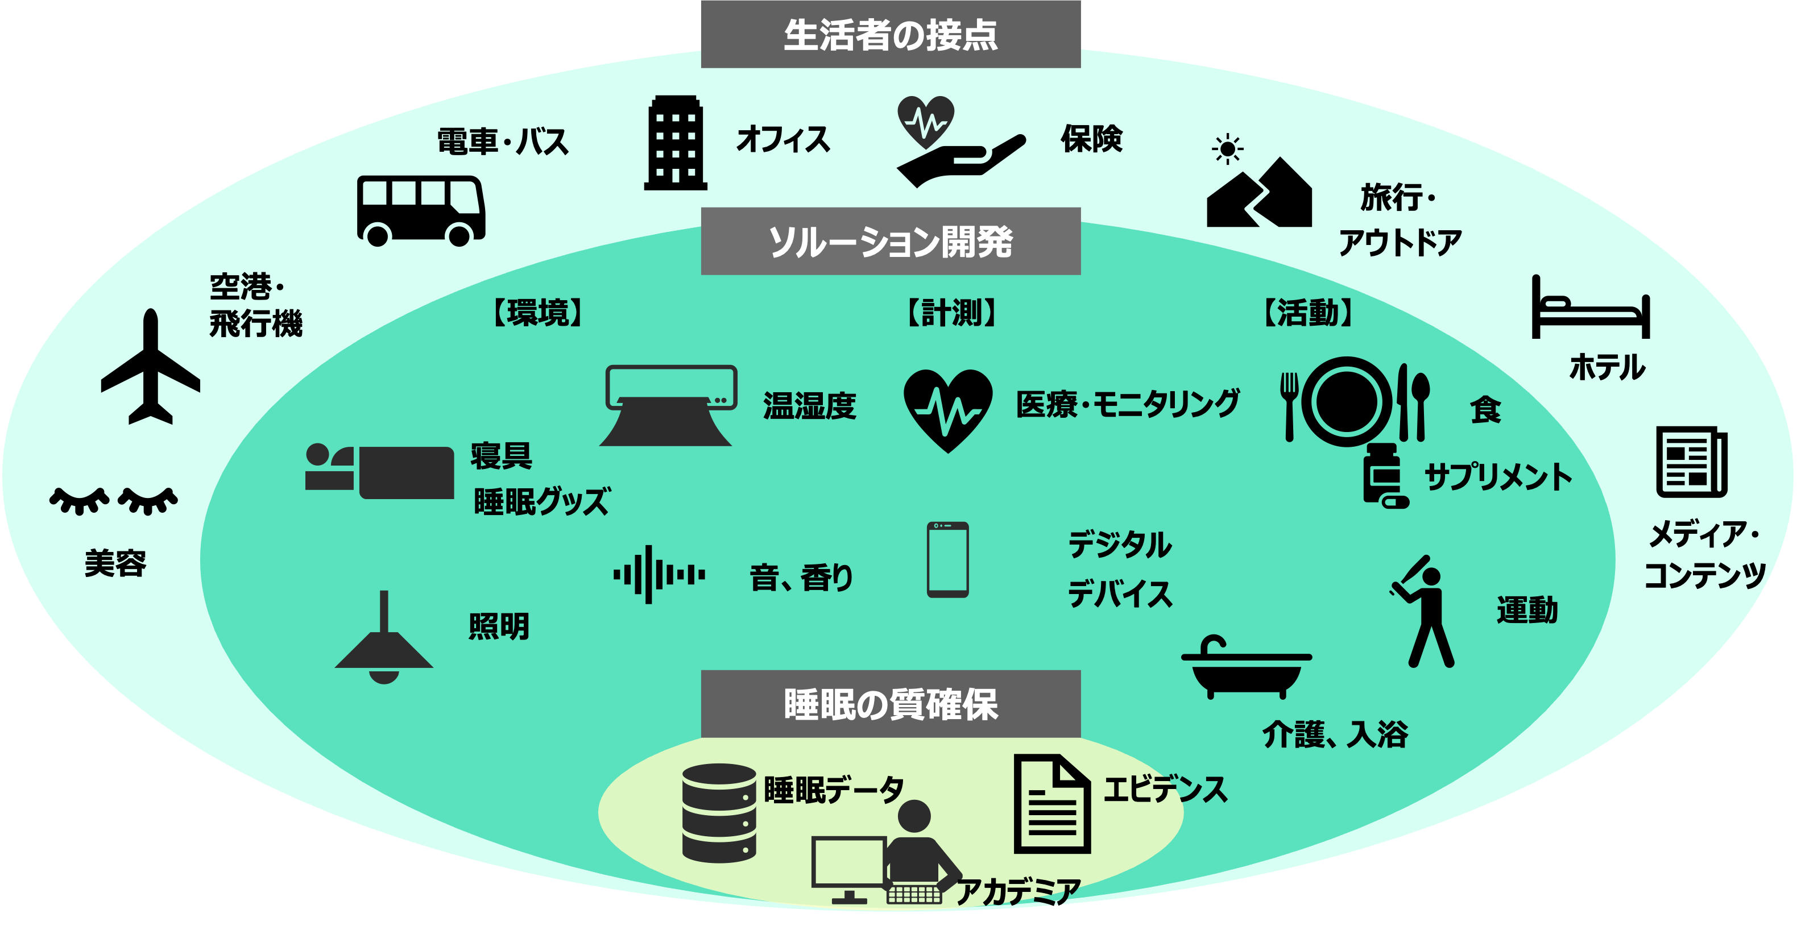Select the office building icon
click(676, 143)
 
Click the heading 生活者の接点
click(890, 35)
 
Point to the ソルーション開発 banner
click(890, 242)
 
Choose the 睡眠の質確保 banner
click(890, 704)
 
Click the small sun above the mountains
click(1228, 149)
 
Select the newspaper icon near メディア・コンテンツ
click(1691, 462)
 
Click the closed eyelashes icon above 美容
click(113, 500)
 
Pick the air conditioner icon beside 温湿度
click(669, 405)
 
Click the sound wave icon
click(658, 574)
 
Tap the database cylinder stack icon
click(719, 813)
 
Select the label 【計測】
click(951, 312)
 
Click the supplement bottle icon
click(1383, 475)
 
